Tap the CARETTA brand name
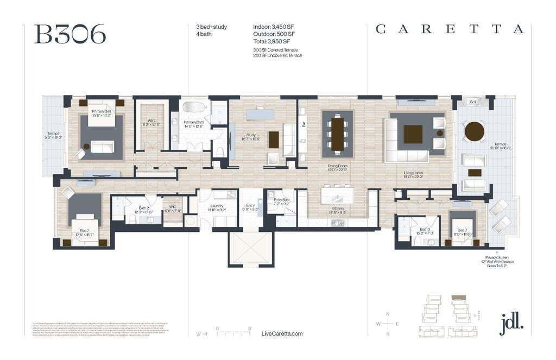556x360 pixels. [450, 30]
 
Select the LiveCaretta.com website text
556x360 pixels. [282, 333]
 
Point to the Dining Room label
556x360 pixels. [338, 168]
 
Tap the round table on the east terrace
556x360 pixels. [474, 131]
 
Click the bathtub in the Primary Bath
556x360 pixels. [191, 107]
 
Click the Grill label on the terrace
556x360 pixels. [472, 102]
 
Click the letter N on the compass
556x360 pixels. [387, 314]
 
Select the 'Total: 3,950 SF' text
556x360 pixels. [271, 41]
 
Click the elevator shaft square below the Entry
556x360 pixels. [250, 248]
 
